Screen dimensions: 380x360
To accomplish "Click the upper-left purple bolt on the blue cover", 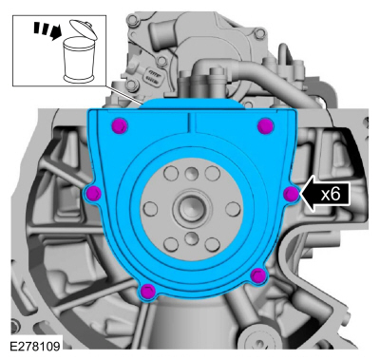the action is [x=120, y=125].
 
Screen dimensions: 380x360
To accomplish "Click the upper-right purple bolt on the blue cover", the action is [x=265, y=126].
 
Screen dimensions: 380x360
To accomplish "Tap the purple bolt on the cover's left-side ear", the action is [x=94, y=193].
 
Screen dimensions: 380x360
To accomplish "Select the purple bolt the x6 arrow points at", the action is [x=291, y=194].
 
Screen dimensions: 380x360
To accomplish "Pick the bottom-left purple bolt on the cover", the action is [x=148, y=292].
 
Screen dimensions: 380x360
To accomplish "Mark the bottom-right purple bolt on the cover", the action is [x=258, y=275].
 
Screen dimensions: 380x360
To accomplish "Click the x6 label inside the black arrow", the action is [x=331, y=194].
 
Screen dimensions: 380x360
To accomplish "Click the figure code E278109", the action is [x=35, y=346].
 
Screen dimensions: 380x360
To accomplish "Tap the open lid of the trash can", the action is [x=83, y=29].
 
